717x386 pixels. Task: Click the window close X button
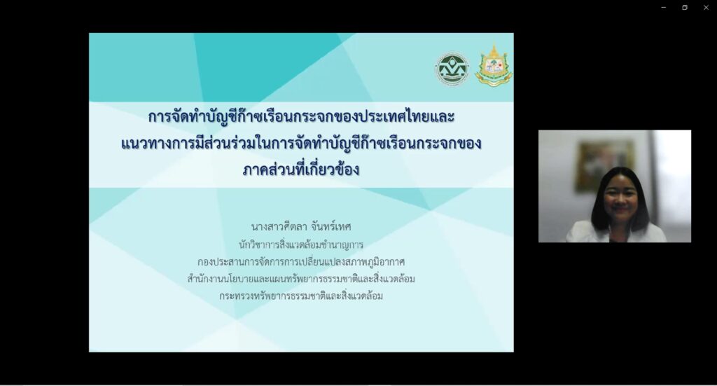coord(706,7)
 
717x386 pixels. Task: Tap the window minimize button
coord(664,7)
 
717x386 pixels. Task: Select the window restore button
coord(685,7)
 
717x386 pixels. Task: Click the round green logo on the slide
coord(452,69)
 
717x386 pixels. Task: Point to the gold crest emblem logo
coord(494,65)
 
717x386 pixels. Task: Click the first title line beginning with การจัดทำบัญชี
coord(301,116)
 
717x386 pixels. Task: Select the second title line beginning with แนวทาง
coord(301,143)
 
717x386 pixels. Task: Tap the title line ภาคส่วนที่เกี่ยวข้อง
coord(301,170)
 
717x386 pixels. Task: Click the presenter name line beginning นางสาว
coord(301,226)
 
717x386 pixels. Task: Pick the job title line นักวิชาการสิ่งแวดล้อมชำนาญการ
coord(301,244)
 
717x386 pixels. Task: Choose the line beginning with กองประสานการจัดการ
coord(301,261)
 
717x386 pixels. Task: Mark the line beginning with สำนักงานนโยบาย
coord(301,279)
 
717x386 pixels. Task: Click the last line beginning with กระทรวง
coord(301,296)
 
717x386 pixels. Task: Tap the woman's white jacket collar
coord(594,232)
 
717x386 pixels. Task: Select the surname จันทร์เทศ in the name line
coord(330,226)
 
